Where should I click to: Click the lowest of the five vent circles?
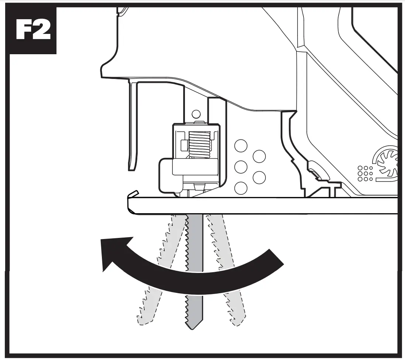coord(241,188)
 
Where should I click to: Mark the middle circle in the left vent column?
coord(241,167)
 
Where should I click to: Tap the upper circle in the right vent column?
coord(259,156)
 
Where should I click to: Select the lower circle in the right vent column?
coord(259,177)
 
